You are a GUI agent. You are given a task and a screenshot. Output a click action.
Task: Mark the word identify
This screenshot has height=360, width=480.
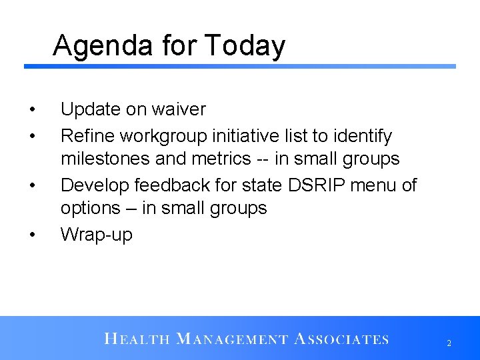[x=365, y=136]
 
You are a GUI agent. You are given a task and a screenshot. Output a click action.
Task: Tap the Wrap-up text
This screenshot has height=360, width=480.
[x=97, y=235]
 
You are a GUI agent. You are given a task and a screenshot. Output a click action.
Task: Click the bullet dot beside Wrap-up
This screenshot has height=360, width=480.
[x=31, y=235]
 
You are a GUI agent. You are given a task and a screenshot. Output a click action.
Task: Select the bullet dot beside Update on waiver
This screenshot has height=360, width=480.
[x=31, y=109]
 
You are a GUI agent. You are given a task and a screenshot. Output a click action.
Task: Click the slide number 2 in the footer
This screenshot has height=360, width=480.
[x=449, y=343]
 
